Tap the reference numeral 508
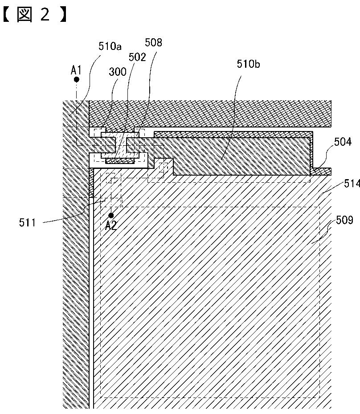pyautogui.click(x=154, y=43)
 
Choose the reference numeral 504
pyautogui.click(x=343, y=142)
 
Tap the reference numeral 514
pyautogui.click(x=351, y=183)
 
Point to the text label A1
pyautogui.click(x=76, y=70)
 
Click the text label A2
pyautogui.click(x=111, y=225)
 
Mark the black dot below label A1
pyautogui.click(x=77, y=79)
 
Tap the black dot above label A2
pyautogui.click(x=111, y=215)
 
